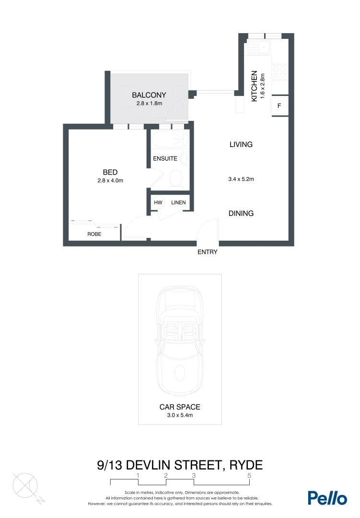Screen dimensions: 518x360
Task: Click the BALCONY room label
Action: pyautogui.click(x=149, y=95)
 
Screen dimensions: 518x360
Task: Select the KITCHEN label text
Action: pyautogui.click(x=255, y=86)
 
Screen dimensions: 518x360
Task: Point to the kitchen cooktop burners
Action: pyautogui.click(x=279, y=72)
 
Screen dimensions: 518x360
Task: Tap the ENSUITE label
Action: pyautogui.click(x=165, y=159)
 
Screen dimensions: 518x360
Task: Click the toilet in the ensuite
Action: pyautogui.click(x=176, y=178)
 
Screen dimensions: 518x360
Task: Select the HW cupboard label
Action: pyautogui.click(x=158, y=203)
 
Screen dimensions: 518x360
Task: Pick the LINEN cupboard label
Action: pyautogui.click(x=178, y=203)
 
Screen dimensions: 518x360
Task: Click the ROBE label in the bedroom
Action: pyautogui.click(x=94, y=235)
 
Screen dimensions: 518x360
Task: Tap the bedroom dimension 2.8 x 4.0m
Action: pyautogui.click(x=110, y=181)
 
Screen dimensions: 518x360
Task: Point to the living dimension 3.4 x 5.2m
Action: pyautogui.click(x=241, y=179)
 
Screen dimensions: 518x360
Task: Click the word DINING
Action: pyautogui.click(x=241, y=213)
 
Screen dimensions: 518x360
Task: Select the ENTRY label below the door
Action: pyautogui.click(x=208, y=252)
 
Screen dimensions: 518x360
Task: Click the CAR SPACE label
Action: pyautogui.click(x=180, y=407)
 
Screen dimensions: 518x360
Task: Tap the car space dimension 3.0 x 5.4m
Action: pyautogui.click(x=180, y=415)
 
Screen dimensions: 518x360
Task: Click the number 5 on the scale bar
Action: pyautogui.click(x=249, y=475)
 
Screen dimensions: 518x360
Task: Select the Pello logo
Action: pyautogui.click(x=327, y=497)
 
